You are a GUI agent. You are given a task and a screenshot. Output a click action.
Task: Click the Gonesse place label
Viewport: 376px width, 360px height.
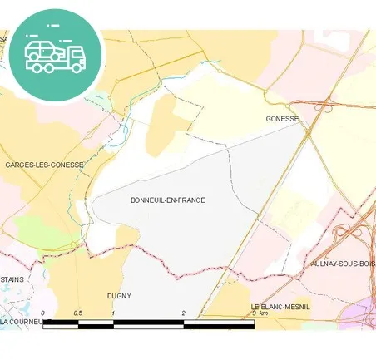[281, 119]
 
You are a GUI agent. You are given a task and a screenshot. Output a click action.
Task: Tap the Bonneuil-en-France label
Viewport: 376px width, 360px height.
[167, 200]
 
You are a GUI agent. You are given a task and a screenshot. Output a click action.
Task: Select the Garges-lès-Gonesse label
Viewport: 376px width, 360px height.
[44, 165]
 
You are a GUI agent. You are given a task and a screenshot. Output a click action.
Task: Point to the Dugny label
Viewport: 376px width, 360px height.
[119, 295]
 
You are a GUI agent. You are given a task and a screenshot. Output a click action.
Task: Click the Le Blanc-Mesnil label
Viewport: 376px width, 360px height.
[280, 307]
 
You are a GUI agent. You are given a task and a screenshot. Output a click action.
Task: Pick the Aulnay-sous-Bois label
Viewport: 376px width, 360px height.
[342, 264]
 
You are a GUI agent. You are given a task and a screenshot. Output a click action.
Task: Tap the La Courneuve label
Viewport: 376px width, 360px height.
[25, 321]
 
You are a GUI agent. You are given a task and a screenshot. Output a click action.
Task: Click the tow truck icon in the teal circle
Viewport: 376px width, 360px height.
[55, 53]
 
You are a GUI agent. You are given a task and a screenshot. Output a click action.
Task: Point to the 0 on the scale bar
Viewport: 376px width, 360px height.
[42, 313]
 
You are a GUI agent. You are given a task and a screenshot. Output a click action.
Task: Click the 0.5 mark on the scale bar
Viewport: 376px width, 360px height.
[77, 313]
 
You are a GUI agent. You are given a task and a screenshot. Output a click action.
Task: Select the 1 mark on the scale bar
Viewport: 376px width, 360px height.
[113, 313]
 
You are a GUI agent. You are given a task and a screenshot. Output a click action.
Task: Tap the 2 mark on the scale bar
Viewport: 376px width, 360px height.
[184, 313]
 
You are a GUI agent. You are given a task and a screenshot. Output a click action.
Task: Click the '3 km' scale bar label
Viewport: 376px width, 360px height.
[260, 313]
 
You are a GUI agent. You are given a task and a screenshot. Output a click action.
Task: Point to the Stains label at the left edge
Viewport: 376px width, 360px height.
[12, 280]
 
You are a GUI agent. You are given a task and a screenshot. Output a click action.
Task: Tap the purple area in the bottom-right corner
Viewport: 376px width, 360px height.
[364, 314]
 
